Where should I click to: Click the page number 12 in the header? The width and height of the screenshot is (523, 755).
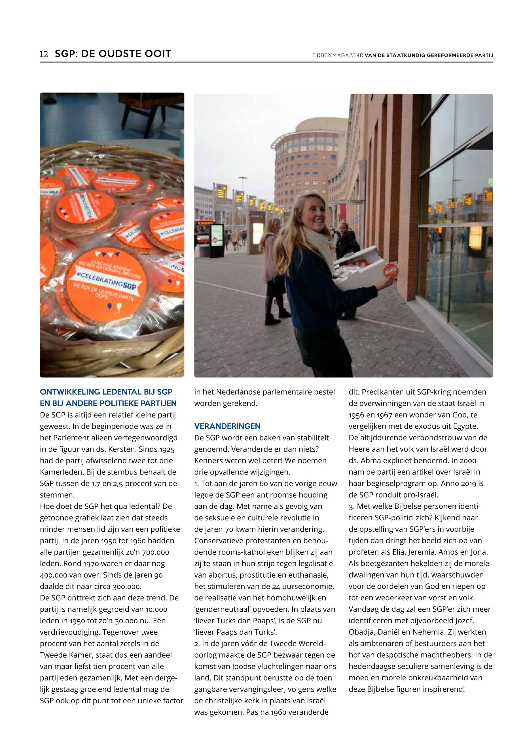point(44,54)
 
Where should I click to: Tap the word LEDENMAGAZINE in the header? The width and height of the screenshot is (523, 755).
point(338,55)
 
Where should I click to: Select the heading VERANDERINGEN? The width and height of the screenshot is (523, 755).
point(227,426)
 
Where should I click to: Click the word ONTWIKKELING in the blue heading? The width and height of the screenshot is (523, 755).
point(70,392)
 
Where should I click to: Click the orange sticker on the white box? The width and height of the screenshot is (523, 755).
point(391,271)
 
